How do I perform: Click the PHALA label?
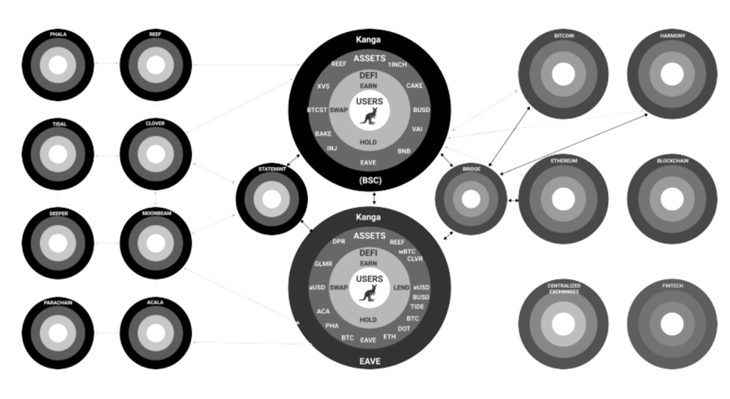[58, 34]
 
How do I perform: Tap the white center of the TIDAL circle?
[58, 155]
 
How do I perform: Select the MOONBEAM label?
[155, 213]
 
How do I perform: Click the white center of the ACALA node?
[155, 333]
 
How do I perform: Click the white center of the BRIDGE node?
[471, 199]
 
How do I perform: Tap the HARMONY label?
[672, 36]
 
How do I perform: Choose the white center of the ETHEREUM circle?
[563, 199]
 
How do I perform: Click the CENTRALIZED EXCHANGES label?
[563, 289]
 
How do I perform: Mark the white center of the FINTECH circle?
[672, 324]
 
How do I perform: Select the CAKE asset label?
[414, 85]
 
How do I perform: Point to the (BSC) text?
[369, 180]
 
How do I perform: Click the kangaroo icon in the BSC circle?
[369, 117]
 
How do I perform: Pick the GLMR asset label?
[323, 264]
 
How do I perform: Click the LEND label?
[401, 288]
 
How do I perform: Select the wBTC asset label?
[406, 252]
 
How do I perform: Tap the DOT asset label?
[403, 328]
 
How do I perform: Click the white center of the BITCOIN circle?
[563, 73]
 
